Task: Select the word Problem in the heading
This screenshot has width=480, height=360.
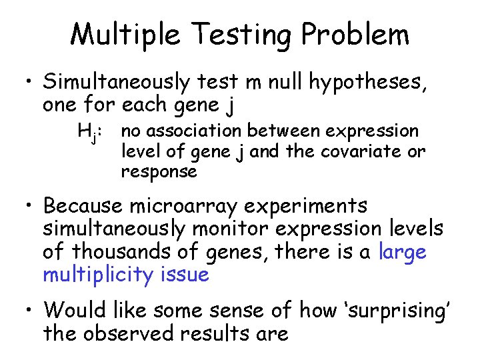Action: point(353,35)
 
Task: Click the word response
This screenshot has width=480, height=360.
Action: point(159,172)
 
